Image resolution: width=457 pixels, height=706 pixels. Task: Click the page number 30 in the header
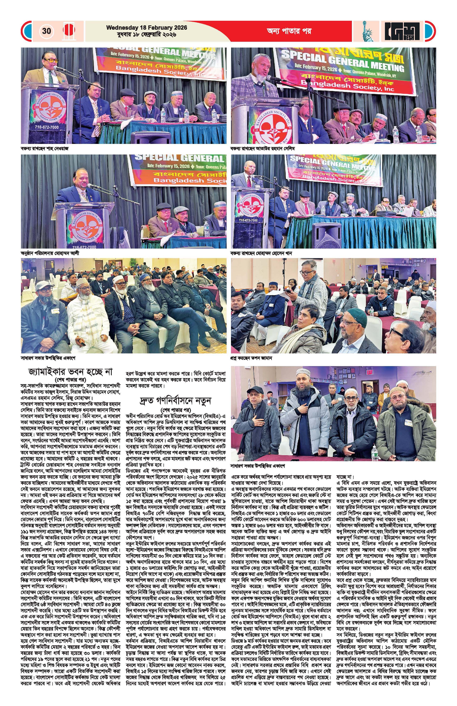coord(46,31)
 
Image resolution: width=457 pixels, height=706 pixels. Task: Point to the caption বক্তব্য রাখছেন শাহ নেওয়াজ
coord(44,148)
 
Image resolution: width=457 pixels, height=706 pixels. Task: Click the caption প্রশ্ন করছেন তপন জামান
coord(251,358)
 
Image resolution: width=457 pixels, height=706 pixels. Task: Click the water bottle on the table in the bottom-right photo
coord(375,451)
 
